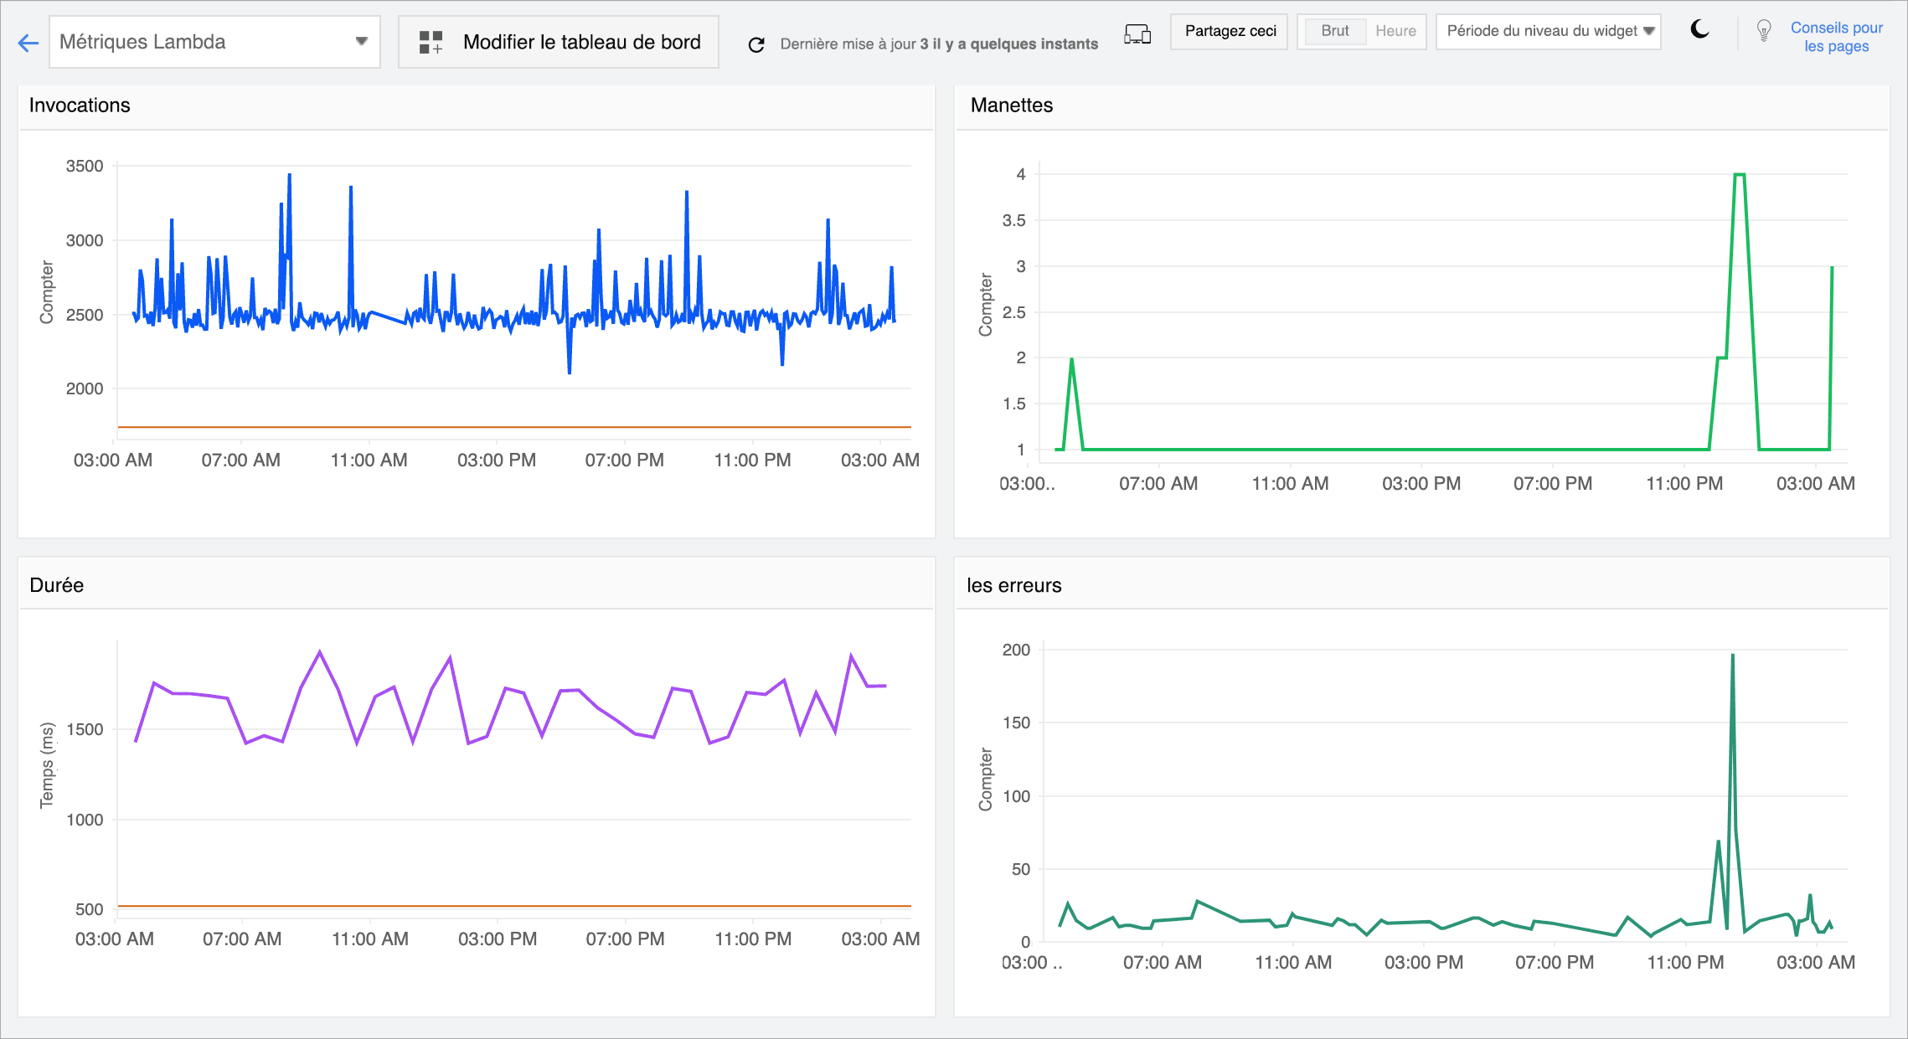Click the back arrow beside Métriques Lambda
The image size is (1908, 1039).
[28, 44]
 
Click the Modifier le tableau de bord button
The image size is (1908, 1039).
[559, 42]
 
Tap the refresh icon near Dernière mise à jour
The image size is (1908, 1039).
[756, 44]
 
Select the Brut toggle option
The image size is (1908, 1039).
[1334, 31]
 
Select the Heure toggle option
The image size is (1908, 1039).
[1395, 31]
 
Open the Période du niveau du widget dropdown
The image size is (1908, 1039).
[1549, 31]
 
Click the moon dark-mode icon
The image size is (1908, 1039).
[1699, 30]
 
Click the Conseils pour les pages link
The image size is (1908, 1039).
[1836, 37]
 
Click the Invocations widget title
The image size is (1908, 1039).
[80, 105]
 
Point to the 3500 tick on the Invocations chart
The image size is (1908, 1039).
[85, 166]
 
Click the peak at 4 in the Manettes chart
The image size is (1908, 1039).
[1739, 175]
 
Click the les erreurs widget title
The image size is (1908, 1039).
[1013, 585]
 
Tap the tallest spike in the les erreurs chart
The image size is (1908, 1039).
[1732, 656]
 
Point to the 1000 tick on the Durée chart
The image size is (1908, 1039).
[85, 820]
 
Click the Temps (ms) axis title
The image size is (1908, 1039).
[47, 765]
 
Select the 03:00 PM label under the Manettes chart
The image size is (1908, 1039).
[1421, 483]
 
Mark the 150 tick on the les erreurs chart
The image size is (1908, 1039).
[1016, 723]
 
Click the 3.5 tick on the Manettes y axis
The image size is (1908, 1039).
[1013, 220]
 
